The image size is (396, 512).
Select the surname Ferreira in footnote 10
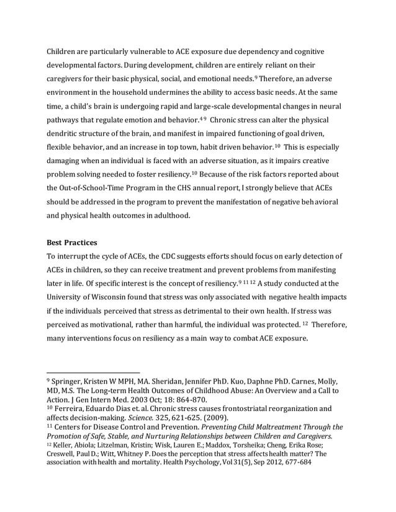(x=71, y=409)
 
